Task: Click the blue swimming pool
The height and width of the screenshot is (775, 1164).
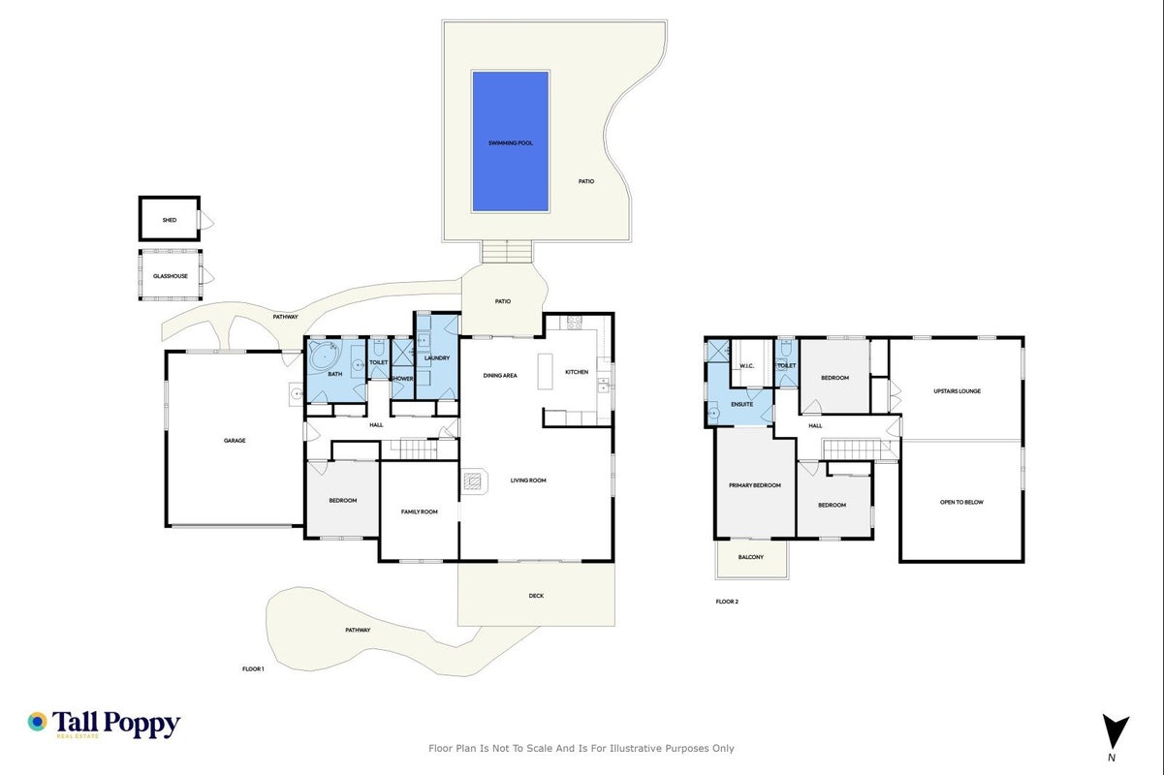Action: click(x=511, y=141)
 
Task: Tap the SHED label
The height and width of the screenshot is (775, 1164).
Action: click(x=170, y=220)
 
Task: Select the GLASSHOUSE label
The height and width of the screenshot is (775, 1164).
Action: click(x=171, y=276)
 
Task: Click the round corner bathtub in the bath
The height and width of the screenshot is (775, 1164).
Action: click(x=325, y=356)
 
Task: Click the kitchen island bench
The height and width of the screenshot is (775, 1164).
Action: click(x=545, y=371)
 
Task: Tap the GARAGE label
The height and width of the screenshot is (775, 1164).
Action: click(x=235, y=441)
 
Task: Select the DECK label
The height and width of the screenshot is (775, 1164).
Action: click(x=536, y=596)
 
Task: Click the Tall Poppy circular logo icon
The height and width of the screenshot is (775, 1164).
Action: click(x=37, y=722)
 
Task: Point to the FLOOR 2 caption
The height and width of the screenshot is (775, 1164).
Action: click(x=727, y=602)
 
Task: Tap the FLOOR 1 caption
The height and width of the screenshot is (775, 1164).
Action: click(x=253, y=669)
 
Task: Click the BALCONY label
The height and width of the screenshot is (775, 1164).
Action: click(x=751, y=557)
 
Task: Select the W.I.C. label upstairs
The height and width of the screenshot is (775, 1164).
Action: click(x=746, y=366)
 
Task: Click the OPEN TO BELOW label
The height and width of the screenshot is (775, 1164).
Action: click(x=961, y=502)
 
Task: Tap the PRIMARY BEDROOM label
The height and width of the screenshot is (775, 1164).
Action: click(x=755, y=485)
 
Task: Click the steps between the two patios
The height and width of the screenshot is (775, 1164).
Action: click(x=507, y=252)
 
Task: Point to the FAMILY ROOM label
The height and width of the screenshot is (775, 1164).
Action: click(x=420, y=511)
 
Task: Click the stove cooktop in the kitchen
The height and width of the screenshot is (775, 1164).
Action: click(x=574, y=323)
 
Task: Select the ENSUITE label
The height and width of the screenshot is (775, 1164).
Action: click(x=741, y=404)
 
